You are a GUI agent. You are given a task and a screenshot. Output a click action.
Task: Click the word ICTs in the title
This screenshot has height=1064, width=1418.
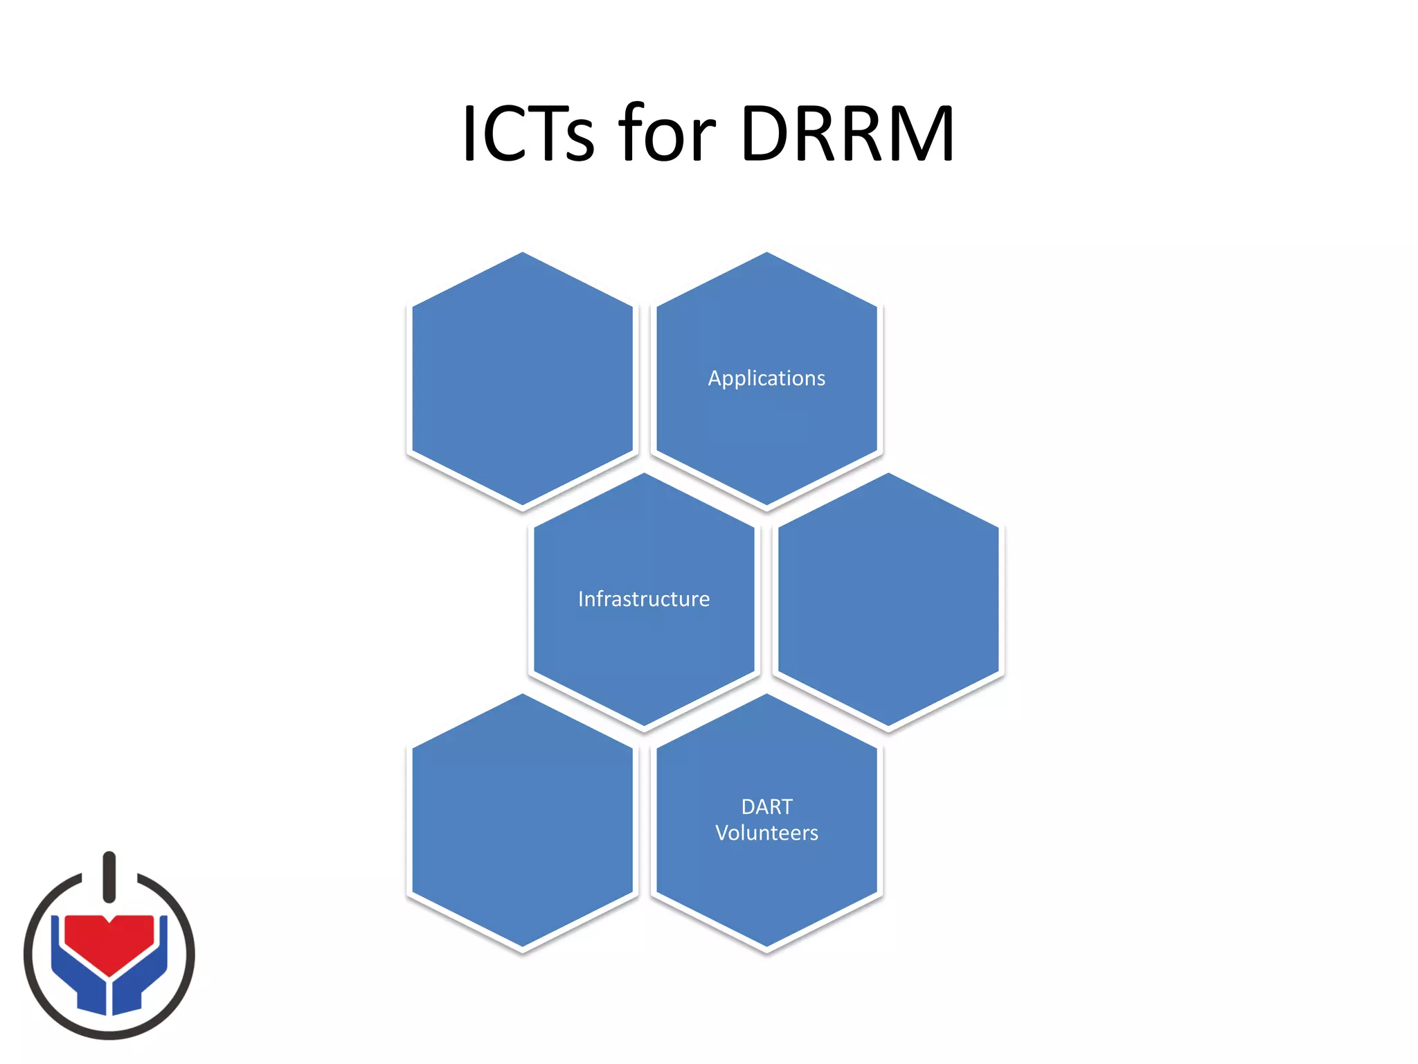pos(528,133)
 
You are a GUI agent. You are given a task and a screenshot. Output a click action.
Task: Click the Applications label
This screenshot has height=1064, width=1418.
pos(766,378)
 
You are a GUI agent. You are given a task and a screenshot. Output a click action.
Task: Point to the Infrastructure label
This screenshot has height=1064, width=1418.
pos(644,599)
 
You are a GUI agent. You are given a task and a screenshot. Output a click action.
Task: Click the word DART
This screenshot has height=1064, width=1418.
pos(766,807)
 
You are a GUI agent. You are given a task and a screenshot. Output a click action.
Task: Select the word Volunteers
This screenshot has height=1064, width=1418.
pos(766,833)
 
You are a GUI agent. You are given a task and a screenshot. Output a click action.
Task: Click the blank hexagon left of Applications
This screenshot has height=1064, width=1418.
pos(522,379)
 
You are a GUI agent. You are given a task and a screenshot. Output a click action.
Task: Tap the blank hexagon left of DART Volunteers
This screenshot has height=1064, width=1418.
pos(522,821)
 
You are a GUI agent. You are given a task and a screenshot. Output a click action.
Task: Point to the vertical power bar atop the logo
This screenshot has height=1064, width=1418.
pos(109,877)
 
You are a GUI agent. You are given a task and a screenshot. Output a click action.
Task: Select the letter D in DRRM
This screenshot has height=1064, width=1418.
pos(766,133)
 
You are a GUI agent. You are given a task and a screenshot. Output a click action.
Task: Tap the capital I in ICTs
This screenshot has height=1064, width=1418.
pos(469,133)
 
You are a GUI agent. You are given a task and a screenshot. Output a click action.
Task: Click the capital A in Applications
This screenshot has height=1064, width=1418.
pos(715,378)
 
